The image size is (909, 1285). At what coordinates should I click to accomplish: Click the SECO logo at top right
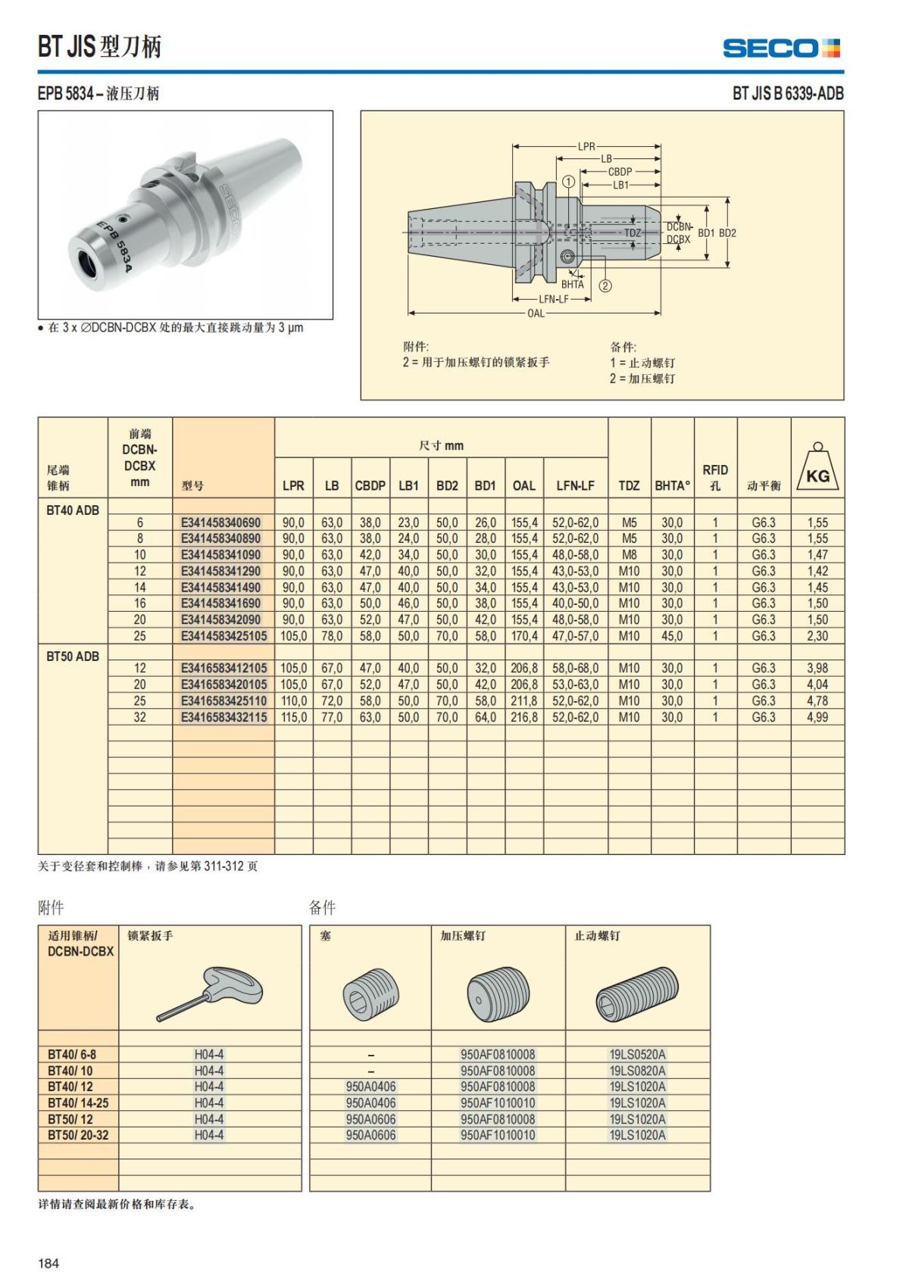coord(781,48)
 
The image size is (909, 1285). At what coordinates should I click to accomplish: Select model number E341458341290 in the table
coord(220,571)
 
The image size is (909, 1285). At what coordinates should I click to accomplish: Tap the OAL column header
coord(523,485)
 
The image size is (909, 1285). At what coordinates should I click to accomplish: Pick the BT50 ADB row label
coord(73,656)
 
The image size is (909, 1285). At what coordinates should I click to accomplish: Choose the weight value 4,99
coord(817,717)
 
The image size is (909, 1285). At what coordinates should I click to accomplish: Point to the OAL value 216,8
coord(524,717)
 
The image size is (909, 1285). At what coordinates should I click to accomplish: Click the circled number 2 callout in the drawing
coord(605,285)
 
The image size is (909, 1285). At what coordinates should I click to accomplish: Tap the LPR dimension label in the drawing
coord(586,146)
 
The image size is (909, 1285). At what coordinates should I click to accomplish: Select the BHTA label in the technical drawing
coord(573,285)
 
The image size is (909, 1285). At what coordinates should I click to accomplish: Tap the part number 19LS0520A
coord(637,1054)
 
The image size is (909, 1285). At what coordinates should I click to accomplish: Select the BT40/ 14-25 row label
coord(77,1103)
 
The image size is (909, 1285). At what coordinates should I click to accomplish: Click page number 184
coord(48,1263)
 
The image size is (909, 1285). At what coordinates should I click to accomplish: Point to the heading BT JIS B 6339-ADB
coord(788,93)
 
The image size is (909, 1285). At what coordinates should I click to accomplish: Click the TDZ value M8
coord(629,555)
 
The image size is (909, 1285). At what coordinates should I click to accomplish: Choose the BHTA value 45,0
coord(672,636)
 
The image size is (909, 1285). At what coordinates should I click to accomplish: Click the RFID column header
coord(714,477)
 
